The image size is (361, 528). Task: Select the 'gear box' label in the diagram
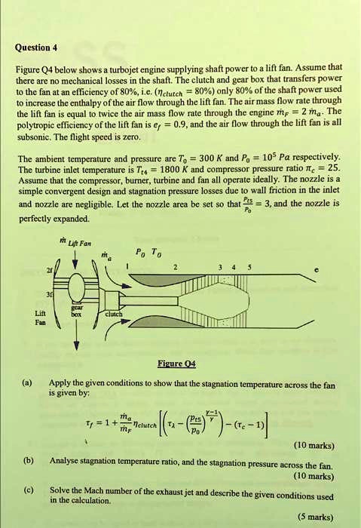76,312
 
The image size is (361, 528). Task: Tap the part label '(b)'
29,459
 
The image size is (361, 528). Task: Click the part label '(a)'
29,382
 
